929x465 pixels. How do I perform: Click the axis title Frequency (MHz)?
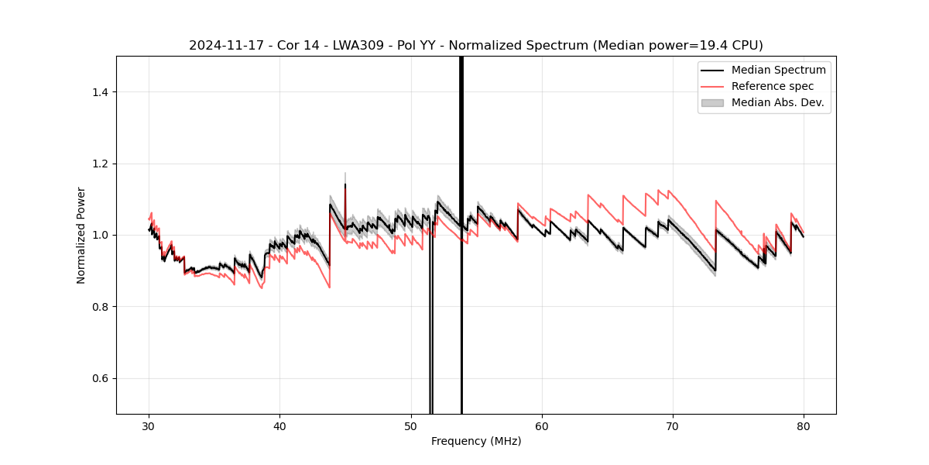click(x=476, y=441)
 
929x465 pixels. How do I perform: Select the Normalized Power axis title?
click(x=81, y=235)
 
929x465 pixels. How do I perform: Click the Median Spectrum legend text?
click(x=778, y=70)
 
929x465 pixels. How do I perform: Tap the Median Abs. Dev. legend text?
click(x=778, y=102)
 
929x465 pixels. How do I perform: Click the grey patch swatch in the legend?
click(x=712, y=102)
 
